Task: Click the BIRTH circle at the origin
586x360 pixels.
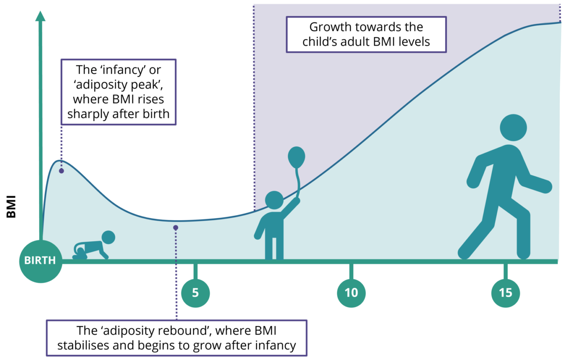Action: click(40, 261)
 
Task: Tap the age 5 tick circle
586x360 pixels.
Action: click(195, 293)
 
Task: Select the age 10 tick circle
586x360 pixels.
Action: click(351, 293)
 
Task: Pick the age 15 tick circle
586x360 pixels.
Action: click(506, 293)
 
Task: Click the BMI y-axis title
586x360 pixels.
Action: click(11, 207)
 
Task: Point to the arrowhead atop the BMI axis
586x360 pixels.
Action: click(40, 16)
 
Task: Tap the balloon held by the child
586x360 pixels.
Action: click(296, 157)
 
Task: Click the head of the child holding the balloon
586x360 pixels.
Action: click(274, 200)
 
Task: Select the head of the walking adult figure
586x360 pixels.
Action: click(513, 128)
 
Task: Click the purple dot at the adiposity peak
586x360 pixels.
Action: click(61, 171)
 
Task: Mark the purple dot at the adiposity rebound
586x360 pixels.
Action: click(176, 228)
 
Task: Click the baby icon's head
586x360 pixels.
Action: click(108, 237)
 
